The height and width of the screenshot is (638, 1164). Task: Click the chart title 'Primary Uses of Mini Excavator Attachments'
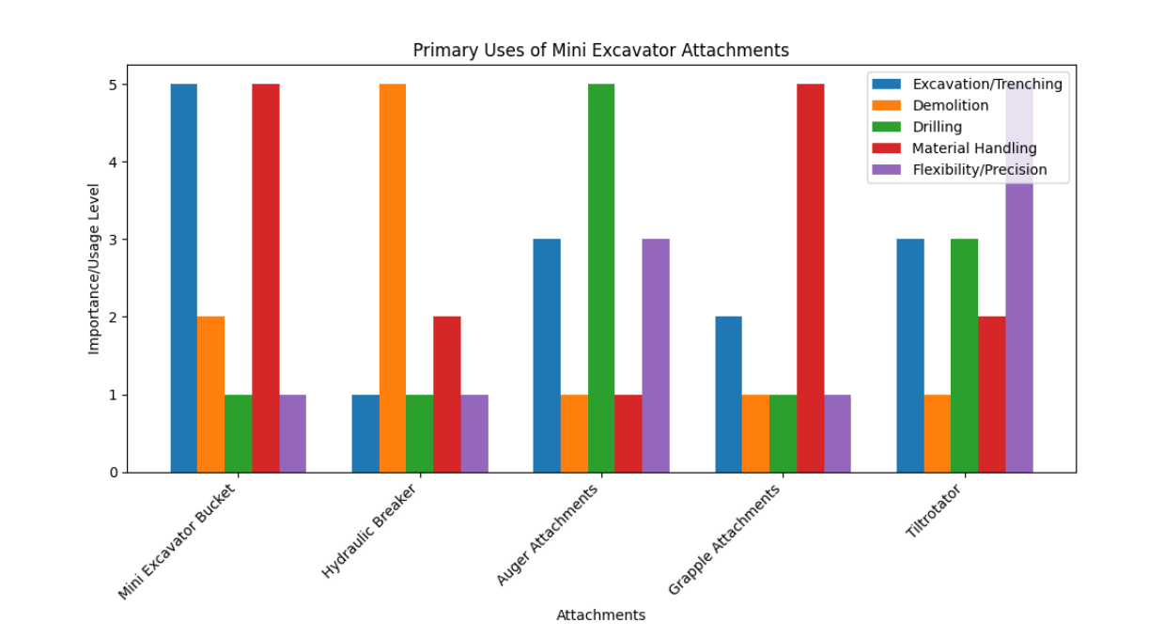[600, 51]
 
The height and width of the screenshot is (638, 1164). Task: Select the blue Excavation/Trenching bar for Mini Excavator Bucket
[184, 278]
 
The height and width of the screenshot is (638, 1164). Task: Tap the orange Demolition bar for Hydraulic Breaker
[393, 278]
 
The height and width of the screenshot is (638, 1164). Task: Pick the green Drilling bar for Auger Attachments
[601, 278]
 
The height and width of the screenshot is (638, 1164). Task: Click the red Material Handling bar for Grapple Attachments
[810, 278]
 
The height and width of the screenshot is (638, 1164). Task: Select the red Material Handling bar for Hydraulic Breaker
[447, 395]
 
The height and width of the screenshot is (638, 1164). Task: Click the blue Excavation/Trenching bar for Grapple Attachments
[728, 395]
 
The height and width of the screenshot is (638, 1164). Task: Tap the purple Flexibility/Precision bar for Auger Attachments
[656, 356]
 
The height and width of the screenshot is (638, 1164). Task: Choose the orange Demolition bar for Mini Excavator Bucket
[211, 395]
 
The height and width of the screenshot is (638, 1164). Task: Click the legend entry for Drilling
[937, 127]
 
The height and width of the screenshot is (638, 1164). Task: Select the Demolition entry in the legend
[950, 105]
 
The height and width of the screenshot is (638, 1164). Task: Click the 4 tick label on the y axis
[113, 163]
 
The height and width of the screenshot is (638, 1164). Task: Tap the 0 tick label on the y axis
[113, 473]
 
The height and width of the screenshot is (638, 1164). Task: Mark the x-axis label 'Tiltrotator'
[936, 512]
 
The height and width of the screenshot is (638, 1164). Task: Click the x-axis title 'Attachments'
[600, 615]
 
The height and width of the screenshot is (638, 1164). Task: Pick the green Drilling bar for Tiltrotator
[965, 356]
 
